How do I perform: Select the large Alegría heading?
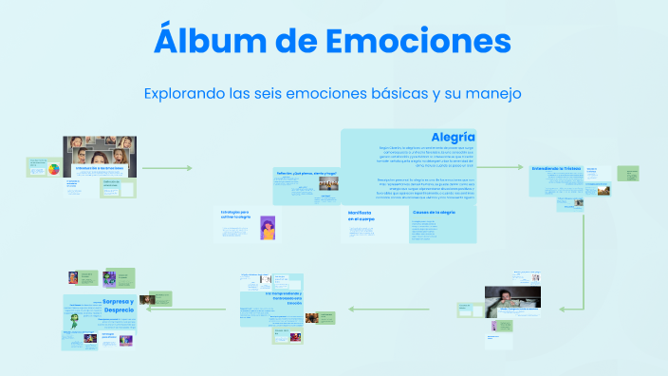tap(453, 139)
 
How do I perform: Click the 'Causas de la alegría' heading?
tap(434, 212)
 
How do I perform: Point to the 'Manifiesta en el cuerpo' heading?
tap(361, 216)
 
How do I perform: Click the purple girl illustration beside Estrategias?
tap(268, 228)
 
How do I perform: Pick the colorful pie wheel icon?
tap(54, 170)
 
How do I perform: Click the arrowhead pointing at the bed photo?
tap(563, 309)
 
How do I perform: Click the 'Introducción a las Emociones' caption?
tap(100, 167)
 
